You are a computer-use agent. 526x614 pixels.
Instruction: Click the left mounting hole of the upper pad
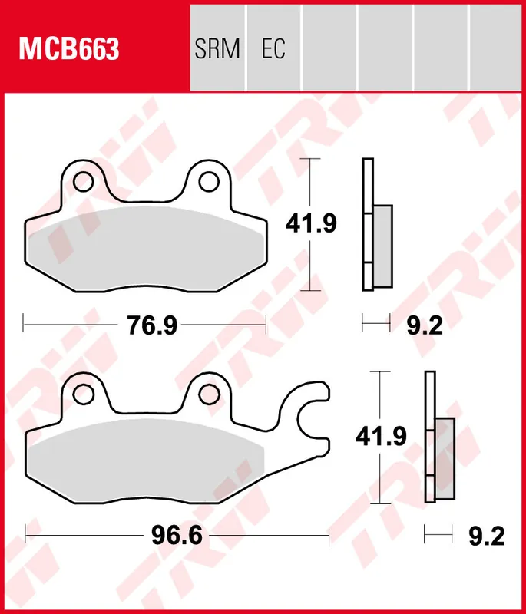(x=83, y=181)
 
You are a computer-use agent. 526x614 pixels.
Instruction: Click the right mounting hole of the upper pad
(x=208, y=181)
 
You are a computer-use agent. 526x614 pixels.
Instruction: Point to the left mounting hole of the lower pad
(x=83, y=394)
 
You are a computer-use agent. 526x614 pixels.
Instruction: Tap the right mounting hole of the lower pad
(x=208, y=394)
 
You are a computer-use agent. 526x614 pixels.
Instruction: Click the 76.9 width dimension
(x=151, y=325)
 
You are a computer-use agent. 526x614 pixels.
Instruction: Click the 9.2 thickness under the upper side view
(x=425, y=325)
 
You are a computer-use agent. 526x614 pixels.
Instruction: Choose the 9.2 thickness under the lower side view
(x=487, y=535)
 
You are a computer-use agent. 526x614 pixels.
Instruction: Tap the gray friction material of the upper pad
(x=142, y=246)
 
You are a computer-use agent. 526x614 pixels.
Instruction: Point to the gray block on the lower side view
(x=445, y=459)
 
